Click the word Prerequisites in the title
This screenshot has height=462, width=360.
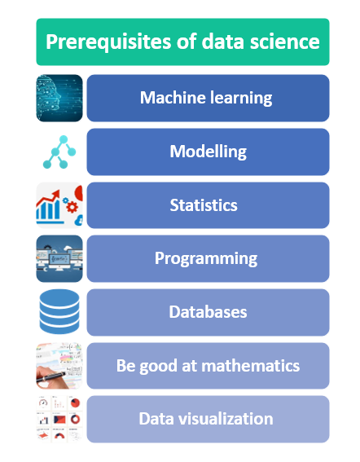coord(101,42)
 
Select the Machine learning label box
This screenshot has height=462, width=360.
coord(208,98)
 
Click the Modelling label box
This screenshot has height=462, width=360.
coord(208,152)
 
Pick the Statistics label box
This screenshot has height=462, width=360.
coord(208,205)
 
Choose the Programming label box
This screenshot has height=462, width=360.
coord(208,259)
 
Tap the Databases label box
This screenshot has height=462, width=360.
coord(208,312)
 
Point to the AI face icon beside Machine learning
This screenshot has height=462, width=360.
coord(59,98)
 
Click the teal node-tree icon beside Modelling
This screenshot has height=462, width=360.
coord(59,152)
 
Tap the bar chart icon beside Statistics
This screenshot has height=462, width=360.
coord(59,205)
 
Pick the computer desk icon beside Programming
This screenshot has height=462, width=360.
coord(59,259)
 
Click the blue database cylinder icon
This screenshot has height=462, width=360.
coord(59,313)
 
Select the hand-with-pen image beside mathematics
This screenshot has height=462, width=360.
coord(59,366)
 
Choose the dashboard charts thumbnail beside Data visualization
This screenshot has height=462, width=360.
coord(59,419)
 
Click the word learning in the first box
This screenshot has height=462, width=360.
coord(239,99)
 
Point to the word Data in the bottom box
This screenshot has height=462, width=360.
coord(156,419)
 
